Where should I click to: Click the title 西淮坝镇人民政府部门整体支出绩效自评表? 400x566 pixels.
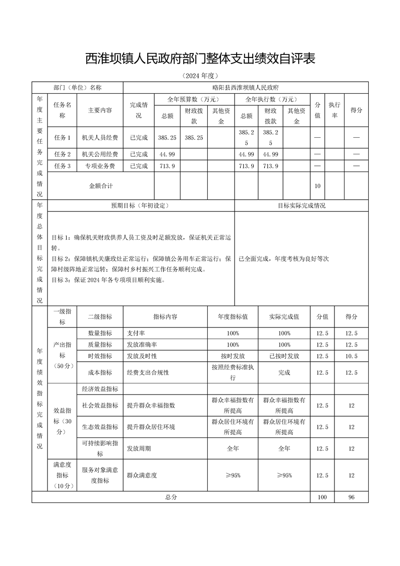tap(200, 59)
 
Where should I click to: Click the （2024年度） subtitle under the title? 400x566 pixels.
tap(200, 76)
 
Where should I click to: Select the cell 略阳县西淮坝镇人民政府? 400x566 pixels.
tap(246, 87)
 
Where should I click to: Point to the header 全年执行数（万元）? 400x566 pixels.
tap(271, 99)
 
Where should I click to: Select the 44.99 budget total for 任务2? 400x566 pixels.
tap(167, 154)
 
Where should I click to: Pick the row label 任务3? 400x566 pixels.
tap(62, 166)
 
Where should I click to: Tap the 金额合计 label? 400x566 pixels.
tap(100, 186)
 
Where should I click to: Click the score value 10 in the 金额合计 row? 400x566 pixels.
tap(317, 186)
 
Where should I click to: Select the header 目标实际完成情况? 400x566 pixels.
tap(301, 206)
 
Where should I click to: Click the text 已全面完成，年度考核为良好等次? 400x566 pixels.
tap(283, 259)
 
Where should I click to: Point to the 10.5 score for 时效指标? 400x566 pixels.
tap(351, 356)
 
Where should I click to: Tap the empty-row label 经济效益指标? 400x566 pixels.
tap(100, 389)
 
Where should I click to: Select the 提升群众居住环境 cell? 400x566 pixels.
tap(151, 427)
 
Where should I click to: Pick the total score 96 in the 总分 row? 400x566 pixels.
tap(351, 497)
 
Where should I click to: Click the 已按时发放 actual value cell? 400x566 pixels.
tap(284, 356)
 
